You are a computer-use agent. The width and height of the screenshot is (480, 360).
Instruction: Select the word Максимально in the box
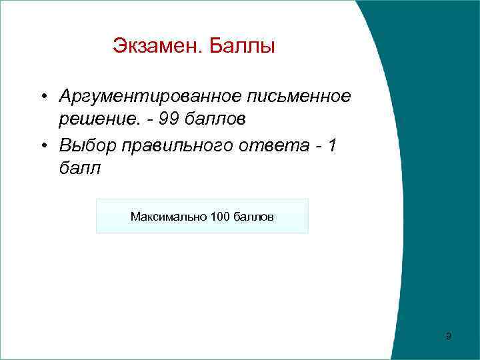pyautogui.click(x=168, y=217)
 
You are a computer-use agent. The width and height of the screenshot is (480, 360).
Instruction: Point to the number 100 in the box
pyautogui.click(x=219, y=217)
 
